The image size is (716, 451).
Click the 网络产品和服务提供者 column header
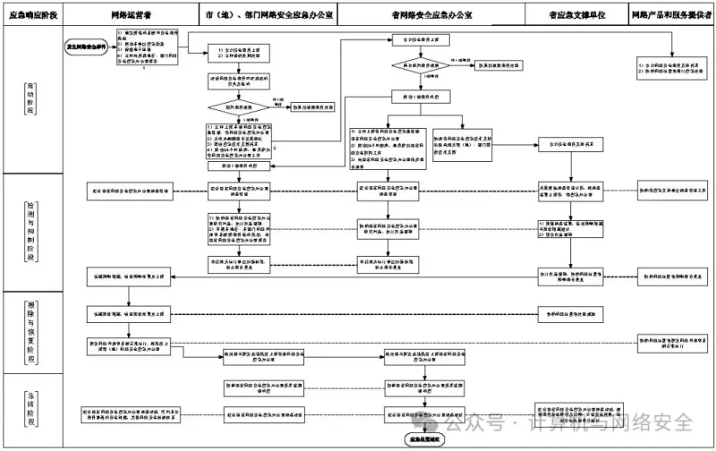point(672,16)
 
